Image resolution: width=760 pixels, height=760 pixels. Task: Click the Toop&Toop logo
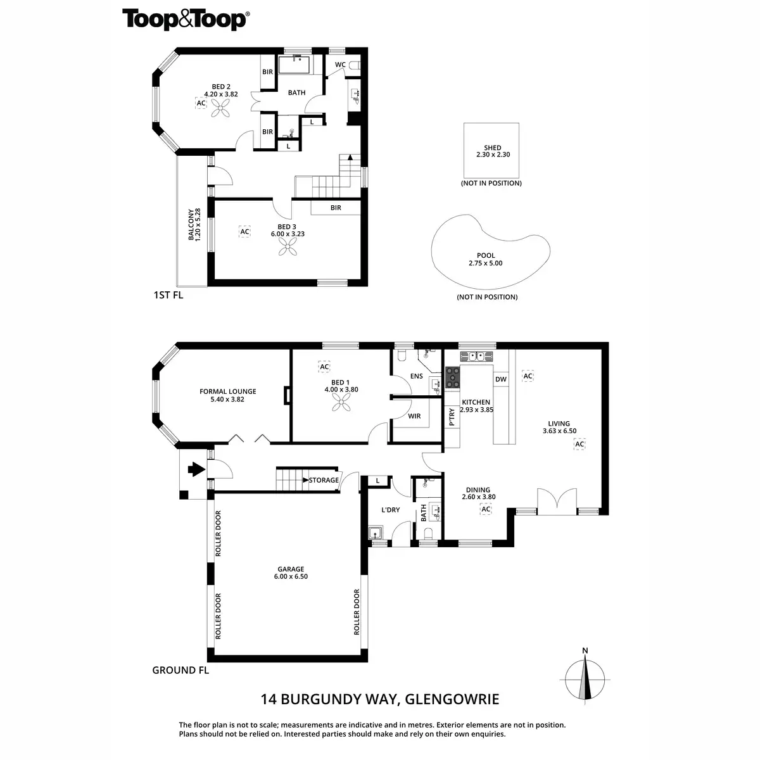(185, 19)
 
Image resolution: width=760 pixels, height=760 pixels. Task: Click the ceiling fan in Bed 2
(220, 111)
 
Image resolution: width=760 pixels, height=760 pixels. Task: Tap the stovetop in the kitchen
(453, 377)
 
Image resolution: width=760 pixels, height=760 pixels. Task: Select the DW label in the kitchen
(501, 379)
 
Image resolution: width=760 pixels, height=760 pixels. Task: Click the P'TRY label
(452, 416)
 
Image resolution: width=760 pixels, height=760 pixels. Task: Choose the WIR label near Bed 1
(414, 416)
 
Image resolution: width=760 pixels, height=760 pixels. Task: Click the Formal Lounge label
(228, 391)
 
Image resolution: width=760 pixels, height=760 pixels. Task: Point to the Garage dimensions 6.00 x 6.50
(291, 577)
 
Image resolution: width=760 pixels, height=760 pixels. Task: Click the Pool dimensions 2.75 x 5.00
(485, 263)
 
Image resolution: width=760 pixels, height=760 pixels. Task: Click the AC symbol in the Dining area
(486, 509)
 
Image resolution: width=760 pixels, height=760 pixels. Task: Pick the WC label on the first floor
(340, 65)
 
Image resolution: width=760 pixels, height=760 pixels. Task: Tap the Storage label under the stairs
(324, 480)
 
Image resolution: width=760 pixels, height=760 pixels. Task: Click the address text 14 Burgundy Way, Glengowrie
(380, 699)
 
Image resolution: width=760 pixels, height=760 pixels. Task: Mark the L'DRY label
(390, 510)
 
